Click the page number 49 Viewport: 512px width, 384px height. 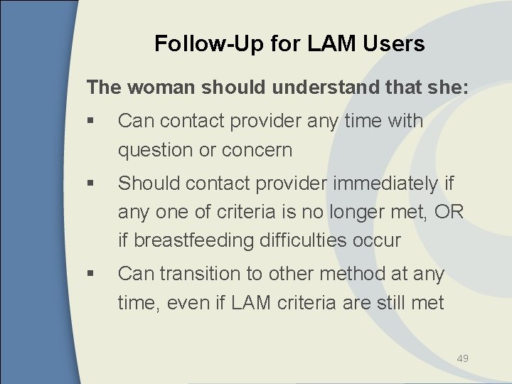tap(462, 358)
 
